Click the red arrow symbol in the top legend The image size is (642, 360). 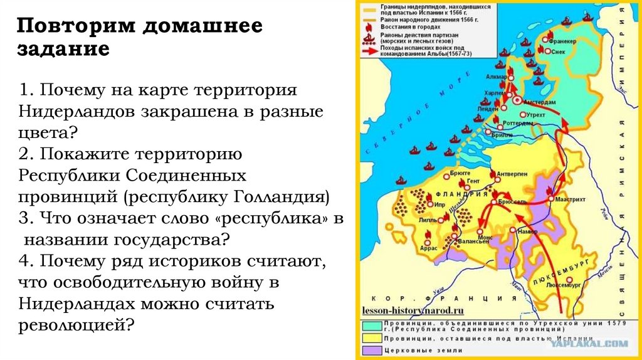(x=369, y=50)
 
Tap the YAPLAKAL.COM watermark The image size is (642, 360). (x=599, y=343)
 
